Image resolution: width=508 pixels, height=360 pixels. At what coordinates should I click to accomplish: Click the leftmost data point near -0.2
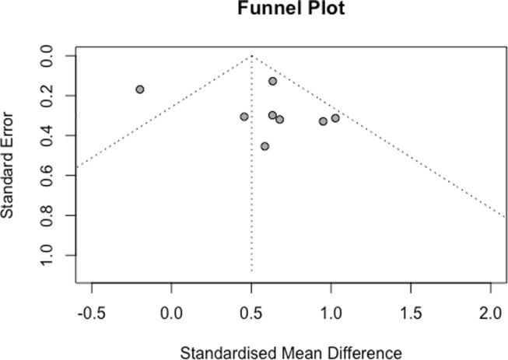coord(140,89)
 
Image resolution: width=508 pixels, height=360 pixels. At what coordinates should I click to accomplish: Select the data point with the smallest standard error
coord(273,81)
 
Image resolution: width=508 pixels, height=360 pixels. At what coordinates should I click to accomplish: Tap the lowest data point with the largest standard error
coord(265,146)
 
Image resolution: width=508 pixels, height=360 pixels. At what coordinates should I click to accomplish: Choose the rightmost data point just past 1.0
coord(335,118)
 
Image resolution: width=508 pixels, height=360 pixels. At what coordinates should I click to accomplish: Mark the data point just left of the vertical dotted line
coord(244,117)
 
